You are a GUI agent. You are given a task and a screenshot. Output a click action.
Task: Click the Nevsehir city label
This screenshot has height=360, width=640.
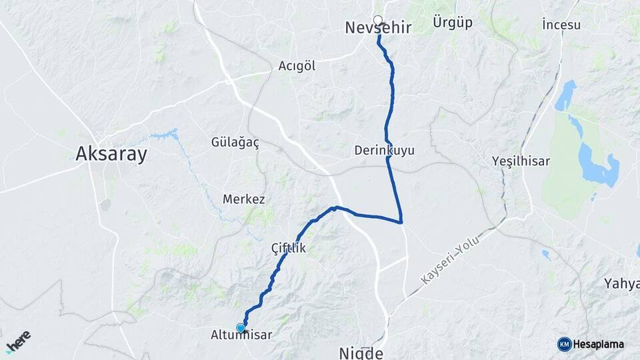pyautogui.click(x=377, y=28)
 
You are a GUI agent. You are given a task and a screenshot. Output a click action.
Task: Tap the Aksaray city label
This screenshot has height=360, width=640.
pyautogui.click(x=111, y=154)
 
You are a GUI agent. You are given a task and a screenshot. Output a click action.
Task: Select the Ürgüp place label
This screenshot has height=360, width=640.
pyautogui.click(x=452, y=23)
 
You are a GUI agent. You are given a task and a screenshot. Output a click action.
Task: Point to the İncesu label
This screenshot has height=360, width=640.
pyautogui.click(x=561, y=25)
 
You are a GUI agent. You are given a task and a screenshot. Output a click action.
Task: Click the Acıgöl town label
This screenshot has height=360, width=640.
pyautogui.click(x=297, y=66)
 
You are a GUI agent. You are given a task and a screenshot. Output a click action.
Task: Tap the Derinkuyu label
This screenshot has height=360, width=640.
pyautogui.click(x=385, y=151)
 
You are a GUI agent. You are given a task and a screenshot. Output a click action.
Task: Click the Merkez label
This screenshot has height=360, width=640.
pyautogui.click(x=244, y=199)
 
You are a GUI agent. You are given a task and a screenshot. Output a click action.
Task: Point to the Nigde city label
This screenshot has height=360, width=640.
pyautogui.click(x=361, y=353)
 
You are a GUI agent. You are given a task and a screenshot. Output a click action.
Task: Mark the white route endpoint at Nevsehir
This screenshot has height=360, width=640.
pyautogui.click(x=378, y=20)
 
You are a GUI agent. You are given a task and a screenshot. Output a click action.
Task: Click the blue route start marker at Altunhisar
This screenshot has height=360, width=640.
pyautogui.click(x=240, y=327)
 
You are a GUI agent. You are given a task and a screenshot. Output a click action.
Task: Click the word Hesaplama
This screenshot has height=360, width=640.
pyautogui.click(x=598, y=345)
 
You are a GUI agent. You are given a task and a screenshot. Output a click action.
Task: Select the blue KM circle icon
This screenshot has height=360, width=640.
pyautogui.click(x=564, y=345)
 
